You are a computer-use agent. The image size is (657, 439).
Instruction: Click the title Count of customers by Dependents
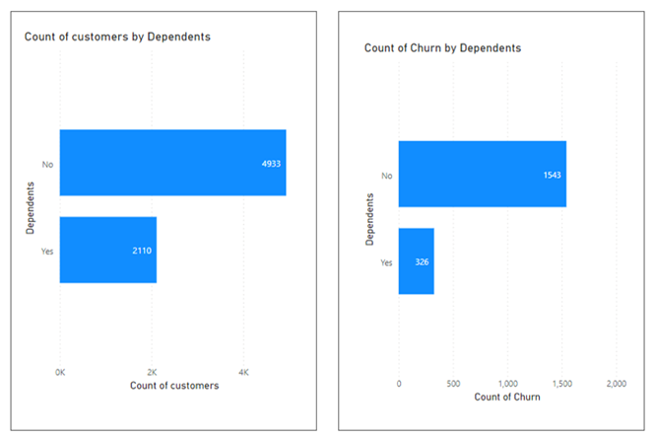(117, 37)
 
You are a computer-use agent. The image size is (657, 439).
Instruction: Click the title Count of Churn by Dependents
(442, 47)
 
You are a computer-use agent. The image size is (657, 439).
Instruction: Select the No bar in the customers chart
(172, 163)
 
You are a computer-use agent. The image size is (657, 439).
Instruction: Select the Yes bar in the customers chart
(108, 250)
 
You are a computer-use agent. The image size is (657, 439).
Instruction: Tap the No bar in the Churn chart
(482, 174)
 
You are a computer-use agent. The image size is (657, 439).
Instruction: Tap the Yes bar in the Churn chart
(416, 261)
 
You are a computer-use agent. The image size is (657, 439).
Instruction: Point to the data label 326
(421, 261)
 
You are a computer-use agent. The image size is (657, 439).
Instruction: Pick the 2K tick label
(151, 372)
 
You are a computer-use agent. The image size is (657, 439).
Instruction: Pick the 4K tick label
(243, 372)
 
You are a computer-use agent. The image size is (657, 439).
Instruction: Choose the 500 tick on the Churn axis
(453, 383)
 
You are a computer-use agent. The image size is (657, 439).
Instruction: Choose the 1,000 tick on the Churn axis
(507, 383)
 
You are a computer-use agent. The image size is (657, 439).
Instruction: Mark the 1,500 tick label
(561, 383)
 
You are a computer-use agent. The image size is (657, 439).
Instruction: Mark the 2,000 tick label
(616, 383)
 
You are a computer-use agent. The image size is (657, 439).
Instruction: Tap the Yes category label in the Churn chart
(386, 262)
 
